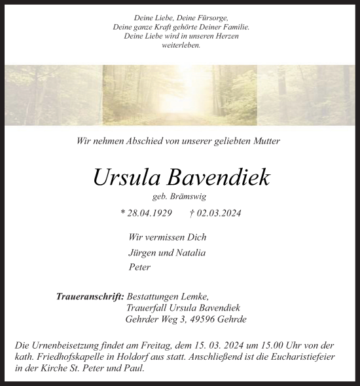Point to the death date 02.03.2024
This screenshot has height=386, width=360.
click(x=219, y=213)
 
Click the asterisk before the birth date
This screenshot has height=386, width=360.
click(x=123, y=214)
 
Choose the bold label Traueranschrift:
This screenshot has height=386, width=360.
click(x=90, y=296)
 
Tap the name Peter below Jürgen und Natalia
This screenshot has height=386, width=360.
click(x=139, y=267)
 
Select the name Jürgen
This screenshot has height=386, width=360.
click(x=142, y=252)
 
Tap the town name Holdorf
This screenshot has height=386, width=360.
click(x=132, y=357)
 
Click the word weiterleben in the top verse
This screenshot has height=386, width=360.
click(x=181, y=45)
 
